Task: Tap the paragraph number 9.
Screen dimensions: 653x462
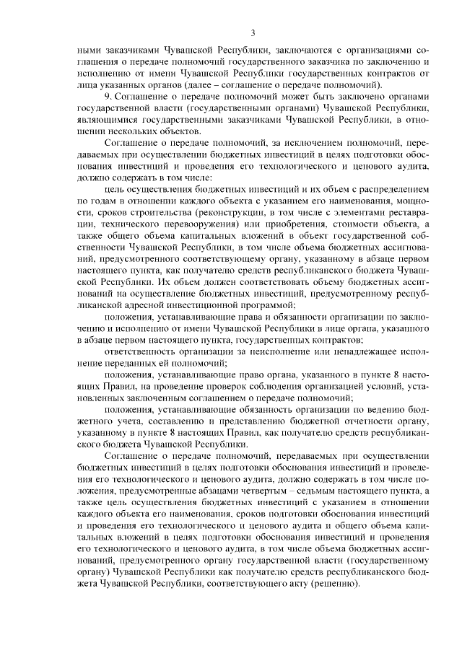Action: [x=108, y=95]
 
